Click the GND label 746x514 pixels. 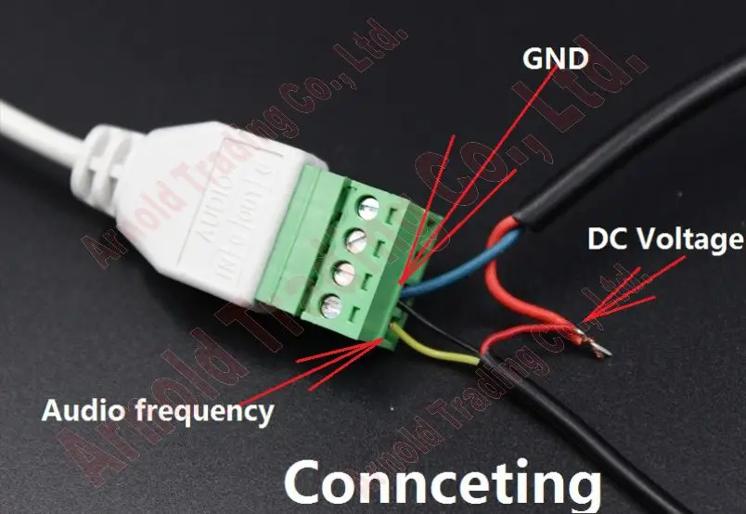pos(555,58)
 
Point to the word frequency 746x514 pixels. pos(206,410)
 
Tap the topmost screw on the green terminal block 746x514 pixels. pos(367,207)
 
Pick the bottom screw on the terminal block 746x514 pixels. pos(329,305)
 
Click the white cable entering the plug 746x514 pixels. pos(37,130)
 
